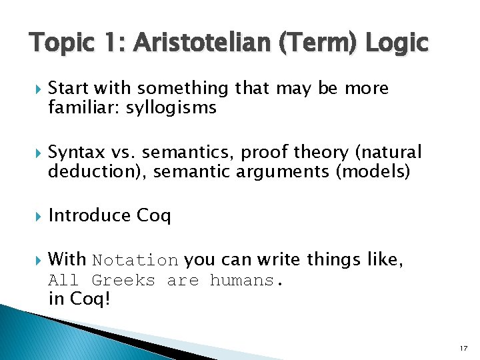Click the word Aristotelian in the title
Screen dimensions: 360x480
click(x=193, y=43)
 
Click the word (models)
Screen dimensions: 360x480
click(x=374, y=171)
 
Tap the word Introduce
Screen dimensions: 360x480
click(x=90, y=216)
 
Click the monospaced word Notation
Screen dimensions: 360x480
click(x=135, y=260)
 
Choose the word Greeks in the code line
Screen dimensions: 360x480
click(x=123, y=281)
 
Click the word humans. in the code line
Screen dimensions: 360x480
click(x=247, y=281)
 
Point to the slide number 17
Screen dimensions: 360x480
click(x=463, y=347)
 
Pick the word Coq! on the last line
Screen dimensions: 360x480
click(x=89, y=299)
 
